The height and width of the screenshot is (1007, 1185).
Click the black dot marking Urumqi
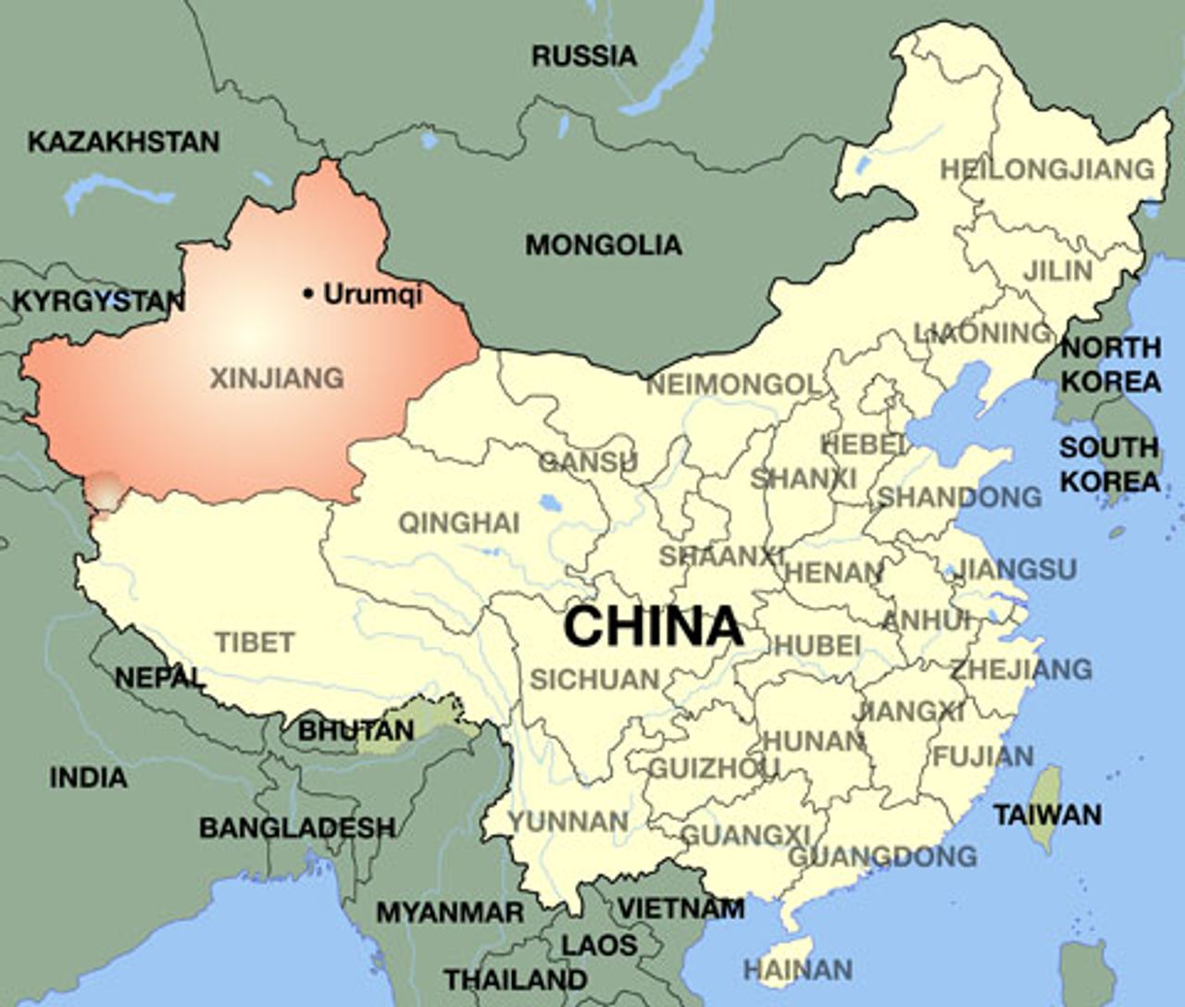(x=307, y=294)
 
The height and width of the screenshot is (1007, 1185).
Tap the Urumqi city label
(x=372, y=294)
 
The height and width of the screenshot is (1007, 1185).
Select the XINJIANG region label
(x=277, y=378)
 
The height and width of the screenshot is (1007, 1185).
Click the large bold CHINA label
(x=654, y=627)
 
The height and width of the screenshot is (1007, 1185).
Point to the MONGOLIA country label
(x=603, y=245)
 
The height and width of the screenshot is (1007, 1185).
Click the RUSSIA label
(x=584, y=56)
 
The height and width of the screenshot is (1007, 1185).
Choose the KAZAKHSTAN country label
(x=123, y=142)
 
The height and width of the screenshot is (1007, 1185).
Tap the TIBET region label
(x=255, y=641)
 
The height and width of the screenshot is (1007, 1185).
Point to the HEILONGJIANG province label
(x=1047, y=169)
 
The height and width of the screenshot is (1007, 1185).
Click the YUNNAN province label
(x=568, y=820)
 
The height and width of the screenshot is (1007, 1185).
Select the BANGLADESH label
(x=296, y=827)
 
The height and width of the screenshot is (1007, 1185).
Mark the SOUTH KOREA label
(x=1109, y=464)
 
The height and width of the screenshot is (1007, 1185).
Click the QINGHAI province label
(x=458, y=523)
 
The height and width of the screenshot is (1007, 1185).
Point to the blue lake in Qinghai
(x=549, y=504)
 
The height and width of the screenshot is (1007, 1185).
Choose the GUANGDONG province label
(x=881, y=856)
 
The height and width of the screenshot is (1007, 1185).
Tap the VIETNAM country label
(x=680, y=908)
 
